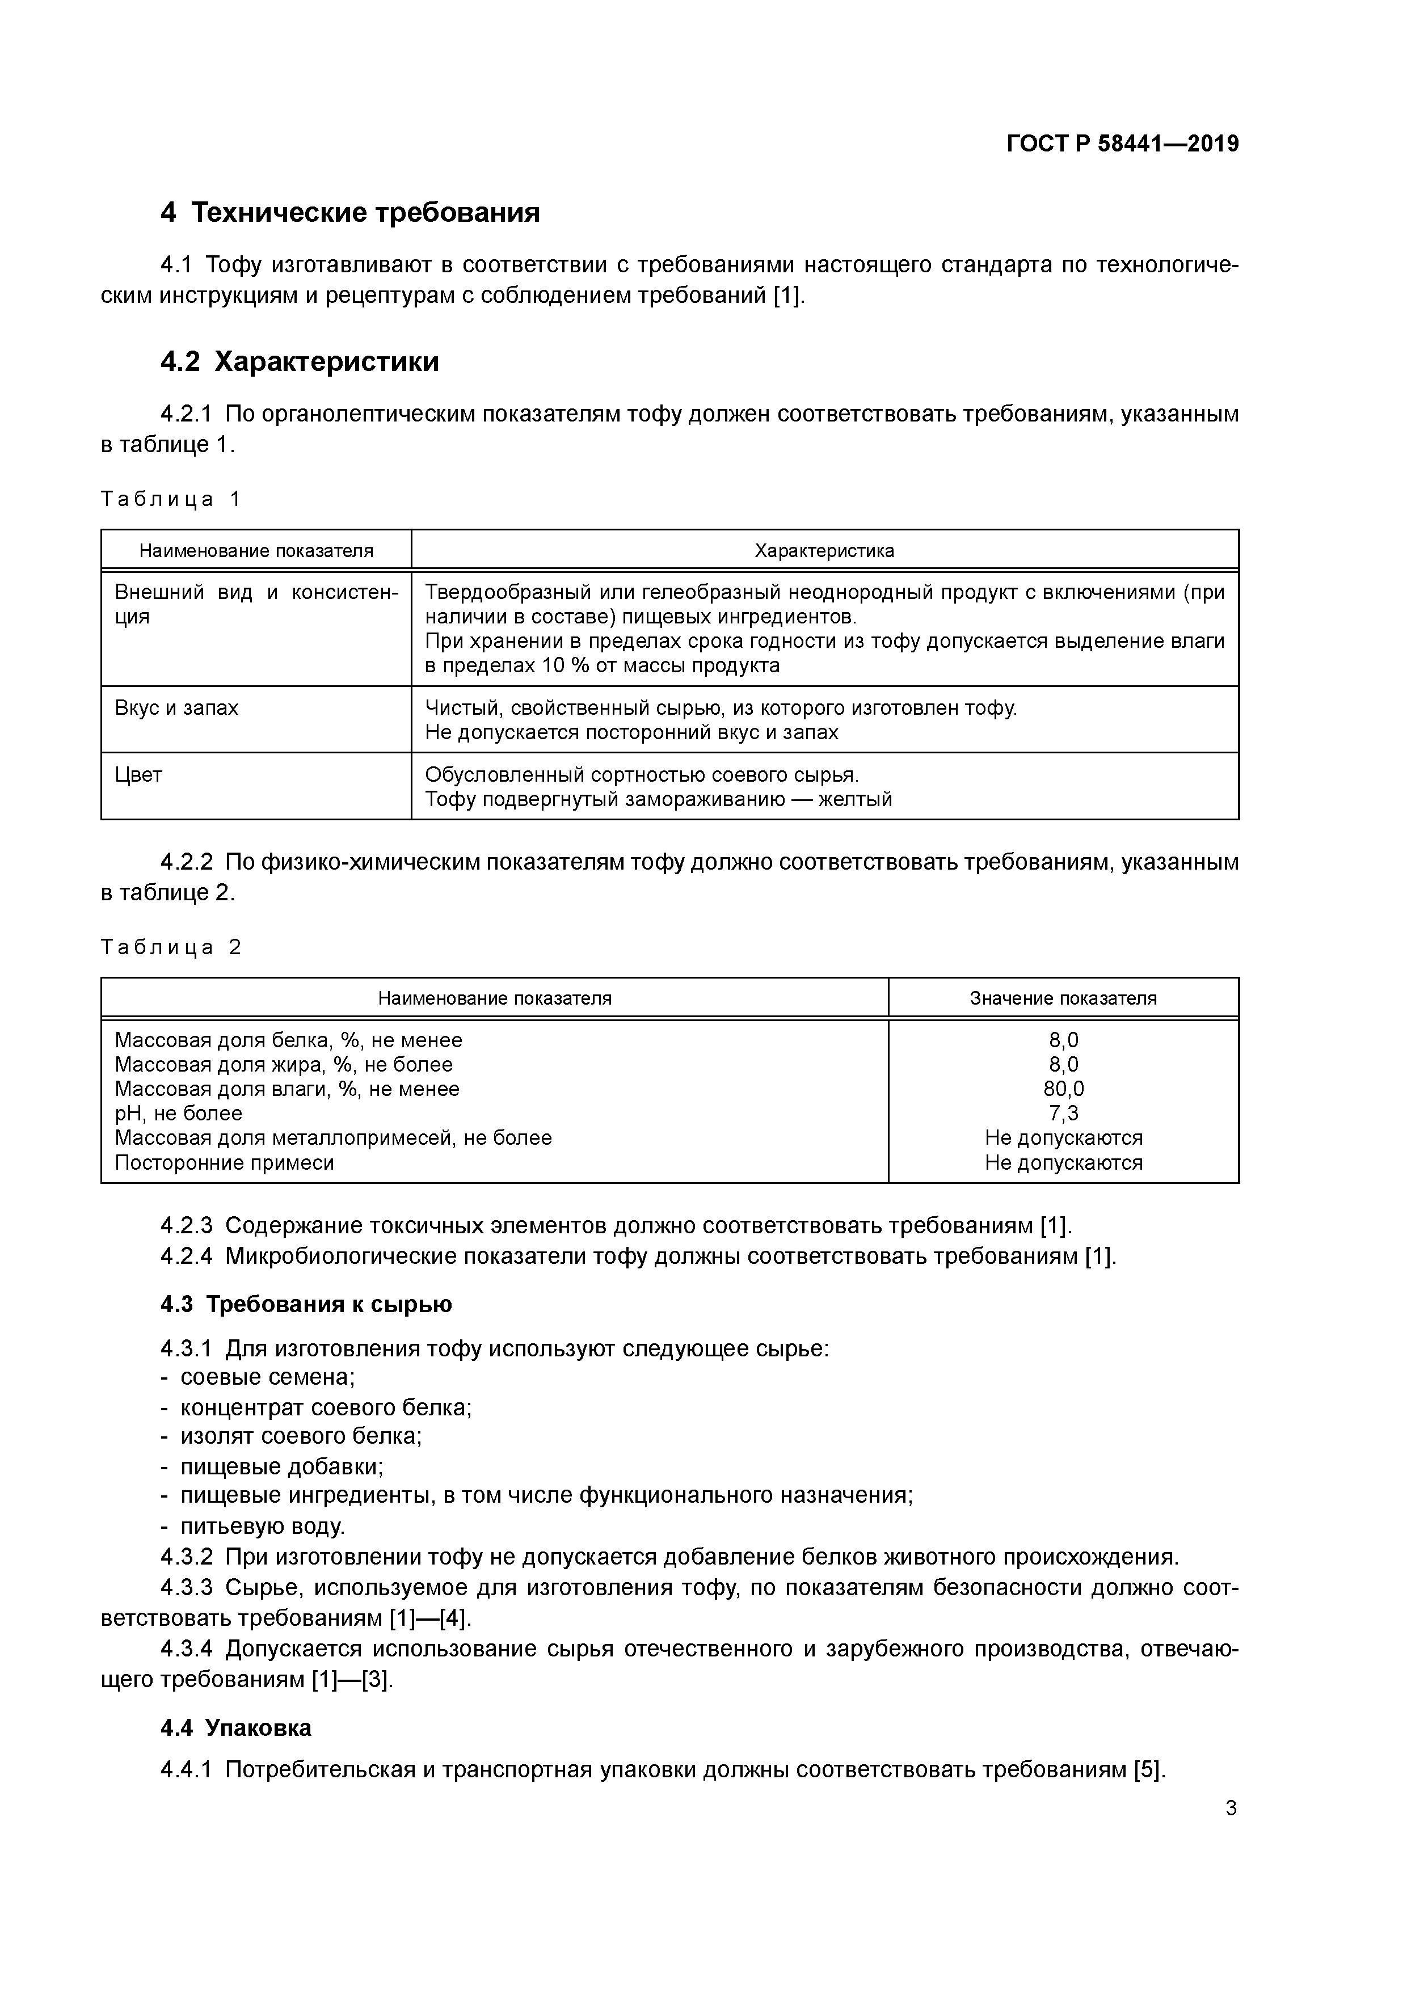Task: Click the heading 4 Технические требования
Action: pyautogui.click(x=350, y=212)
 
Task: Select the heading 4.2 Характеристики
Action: pyautogui.click(x=300, y=361)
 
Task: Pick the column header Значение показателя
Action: pyautogui.click(x=1063, y=998)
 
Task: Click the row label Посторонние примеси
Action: pyautogui.click(x=225, y=1162)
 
